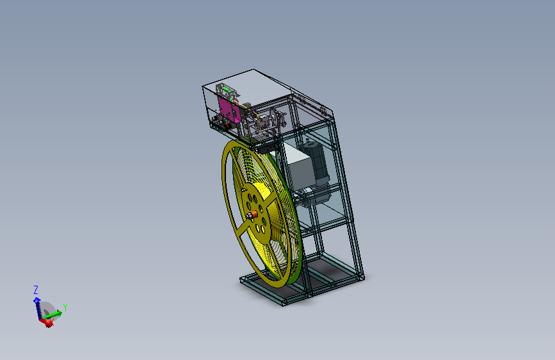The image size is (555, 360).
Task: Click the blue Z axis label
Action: (x=36, y=290)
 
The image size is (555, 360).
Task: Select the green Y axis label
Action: (x=65, y=307)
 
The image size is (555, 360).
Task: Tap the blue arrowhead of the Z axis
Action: (x=37, y=300)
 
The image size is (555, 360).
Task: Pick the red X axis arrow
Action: (x=46, y=322)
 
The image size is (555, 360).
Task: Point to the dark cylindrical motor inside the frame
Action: (x=316, y=162)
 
